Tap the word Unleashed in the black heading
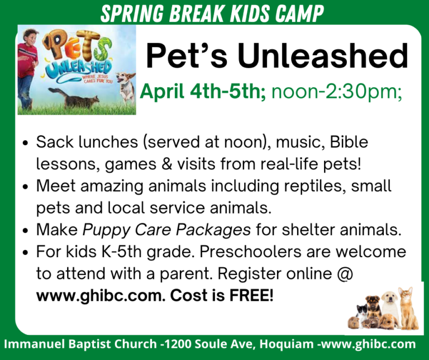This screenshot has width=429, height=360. coord(323,56)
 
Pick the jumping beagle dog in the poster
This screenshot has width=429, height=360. coord(126,88)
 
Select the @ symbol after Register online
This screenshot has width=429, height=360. coord(345,274)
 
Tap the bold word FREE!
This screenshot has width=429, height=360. coord(251,295)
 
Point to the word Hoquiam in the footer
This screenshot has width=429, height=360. coord(287,344)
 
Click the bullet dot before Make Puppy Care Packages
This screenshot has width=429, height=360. coord(26,230)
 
